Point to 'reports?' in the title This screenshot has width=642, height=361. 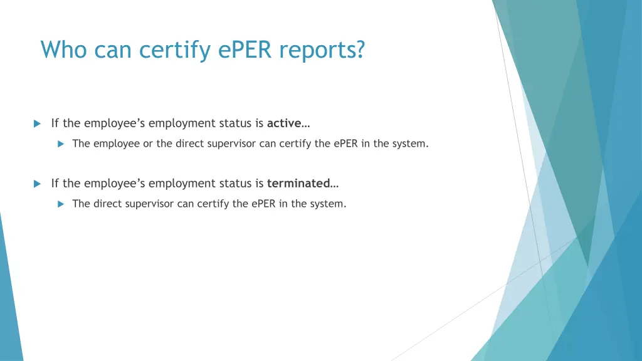click(x=322, y=50)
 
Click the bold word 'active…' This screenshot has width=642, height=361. click(x=289, y=123)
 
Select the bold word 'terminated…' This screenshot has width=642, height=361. click(x=303, y=183)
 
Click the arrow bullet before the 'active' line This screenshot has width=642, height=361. click(x=37, y=123)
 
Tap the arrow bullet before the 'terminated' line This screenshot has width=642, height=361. click(x=37, y=184)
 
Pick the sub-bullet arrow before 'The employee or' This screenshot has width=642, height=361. click(x=61, y=144)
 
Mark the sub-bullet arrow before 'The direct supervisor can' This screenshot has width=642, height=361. click(x=61, y=204)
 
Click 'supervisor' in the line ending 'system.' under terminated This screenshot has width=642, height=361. click(x=150, y=204)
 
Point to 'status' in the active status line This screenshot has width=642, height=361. click(x=236, y=123)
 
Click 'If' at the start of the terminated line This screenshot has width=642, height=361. click(x=55, y=183)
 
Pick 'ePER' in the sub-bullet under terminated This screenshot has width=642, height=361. click(x=265, y=204)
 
